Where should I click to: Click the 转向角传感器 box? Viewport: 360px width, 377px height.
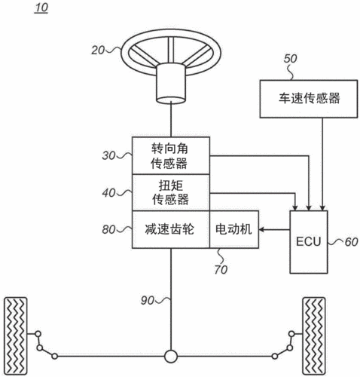(x=170, y=155)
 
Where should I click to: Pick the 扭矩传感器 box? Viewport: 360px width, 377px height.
(x=170, y=192)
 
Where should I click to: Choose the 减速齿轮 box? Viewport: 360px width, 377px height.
(x=170, y=229)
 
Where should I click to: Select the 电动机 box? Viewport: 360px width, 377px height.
(x=234, y=229)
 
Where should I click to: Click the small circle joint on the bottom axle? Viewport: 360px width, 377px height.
(x=171, y=354)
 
